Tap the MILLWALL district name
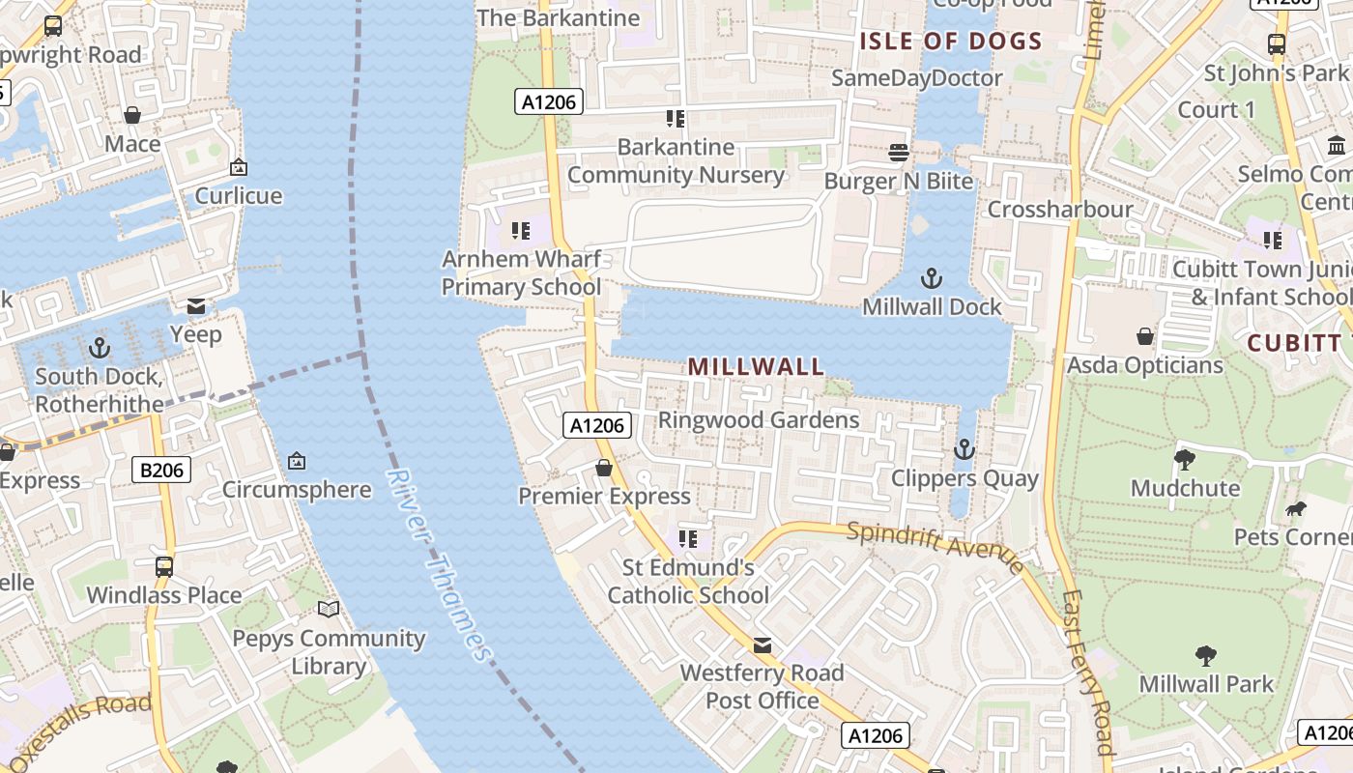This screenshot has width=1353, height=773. (x=756, y=366)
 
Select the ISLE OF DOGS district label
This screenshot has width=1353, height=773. (x=951, y=42)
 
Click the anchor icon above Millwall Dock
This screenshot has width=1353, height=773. (x=931, y=279)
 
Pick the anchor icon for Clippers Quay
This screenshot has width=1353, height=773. (x=964, y=449)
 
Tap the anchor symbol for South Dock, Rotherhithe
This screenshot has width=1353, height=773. (x=100, y=348)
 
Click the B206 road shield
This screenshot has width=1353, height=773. (x=161, y=471)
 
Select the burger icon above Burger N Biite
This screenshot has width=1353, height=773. (x=899, y=153)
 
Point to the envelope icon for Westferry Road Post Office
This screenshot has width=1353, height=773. (x=763, y=645)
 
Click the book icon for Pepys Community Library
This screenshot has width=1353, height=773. (x=329, y=609)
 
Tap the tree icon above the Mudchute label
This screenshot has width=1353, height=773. (x=1185, y=460)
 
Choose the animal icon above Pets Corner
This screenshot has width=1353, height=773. (x=1295, y=508)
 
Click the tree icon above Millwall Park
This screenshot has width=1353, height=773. (x=1205, y=656)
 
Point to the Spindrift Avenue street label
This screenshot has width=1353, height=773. (x=935, y=546)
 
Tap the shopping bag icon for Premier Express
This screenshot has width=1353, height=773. (x=604, y=469)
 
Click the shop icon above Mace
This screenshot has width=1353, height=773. (x=132, y=116)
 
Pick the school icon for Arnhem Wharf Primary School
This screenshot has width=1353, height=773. (x=521, y=231)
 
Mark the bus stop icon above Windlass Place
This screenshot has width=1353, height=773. (x=164, y=566)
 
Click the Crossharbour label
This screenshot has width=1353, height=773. (x=1060, y=210)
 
